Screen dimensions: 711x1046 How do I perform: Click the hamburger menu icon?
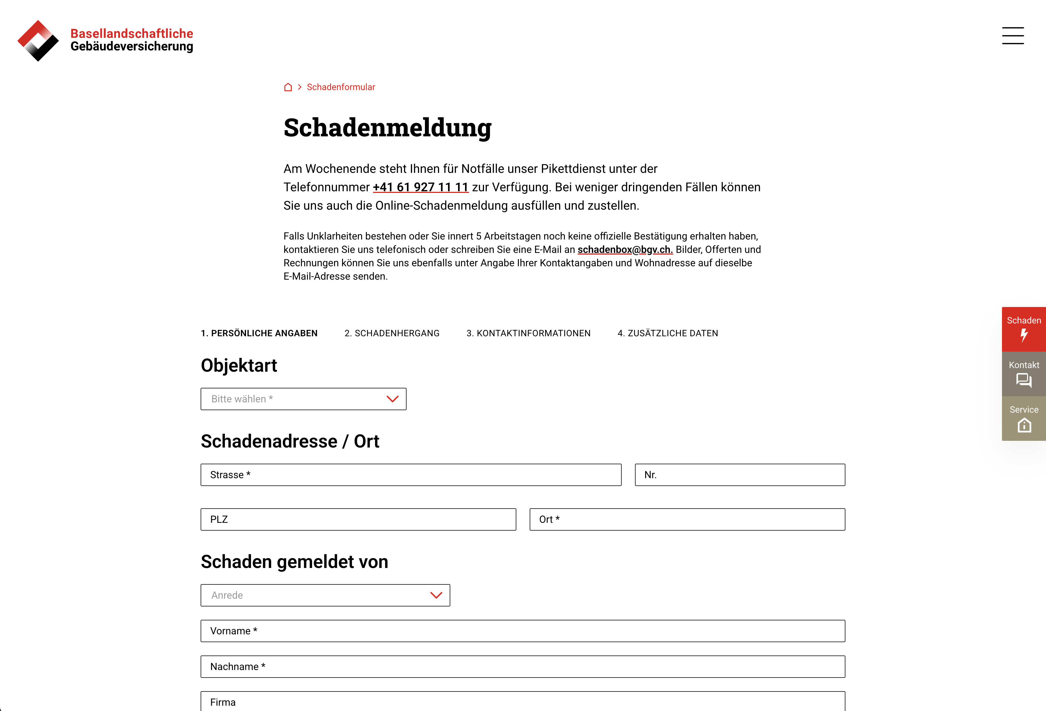(1013, 36)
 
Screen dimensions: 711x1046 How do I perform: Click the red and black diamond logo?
(38, 40)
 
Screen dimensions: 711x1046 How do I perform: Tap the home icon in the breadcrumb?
(288, 87)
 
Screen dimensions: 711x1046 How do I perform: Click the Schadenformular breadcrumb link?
(341, 87)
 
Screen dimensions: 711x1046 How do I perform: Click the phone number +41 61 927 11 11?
(420, 187)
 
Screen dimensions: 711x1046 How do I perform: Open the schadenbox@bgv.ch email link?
(625, 250)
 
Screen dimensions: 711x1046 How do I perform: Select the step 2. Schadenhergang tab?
(391, 333)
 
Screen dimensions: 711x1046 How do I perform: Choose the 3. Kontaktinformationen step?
(528, 333)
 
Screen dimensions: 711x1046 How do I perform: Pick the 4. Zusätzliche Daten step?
(668, 333)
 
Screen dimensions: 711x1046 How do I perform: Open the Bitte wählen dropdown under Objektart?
(303, 399)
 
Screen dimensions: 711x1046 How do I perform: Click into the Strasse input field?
(411, 475)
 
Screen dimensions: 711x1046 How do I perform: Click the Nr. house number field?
(740, 475)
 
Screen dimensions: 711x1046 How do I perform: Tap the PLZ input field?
(358, 519)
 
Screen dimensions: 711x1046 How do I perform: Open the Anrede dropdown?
(325, 595)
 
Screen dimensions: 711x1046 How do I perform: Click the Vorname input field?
(522, 631)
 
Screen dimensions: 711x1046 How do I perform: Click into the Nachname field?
(522, 666)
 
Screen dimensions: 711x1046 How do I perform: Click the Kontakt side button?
(1023, 374)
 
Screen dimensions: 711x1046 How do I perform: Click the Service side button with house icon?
(1023, 418)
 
